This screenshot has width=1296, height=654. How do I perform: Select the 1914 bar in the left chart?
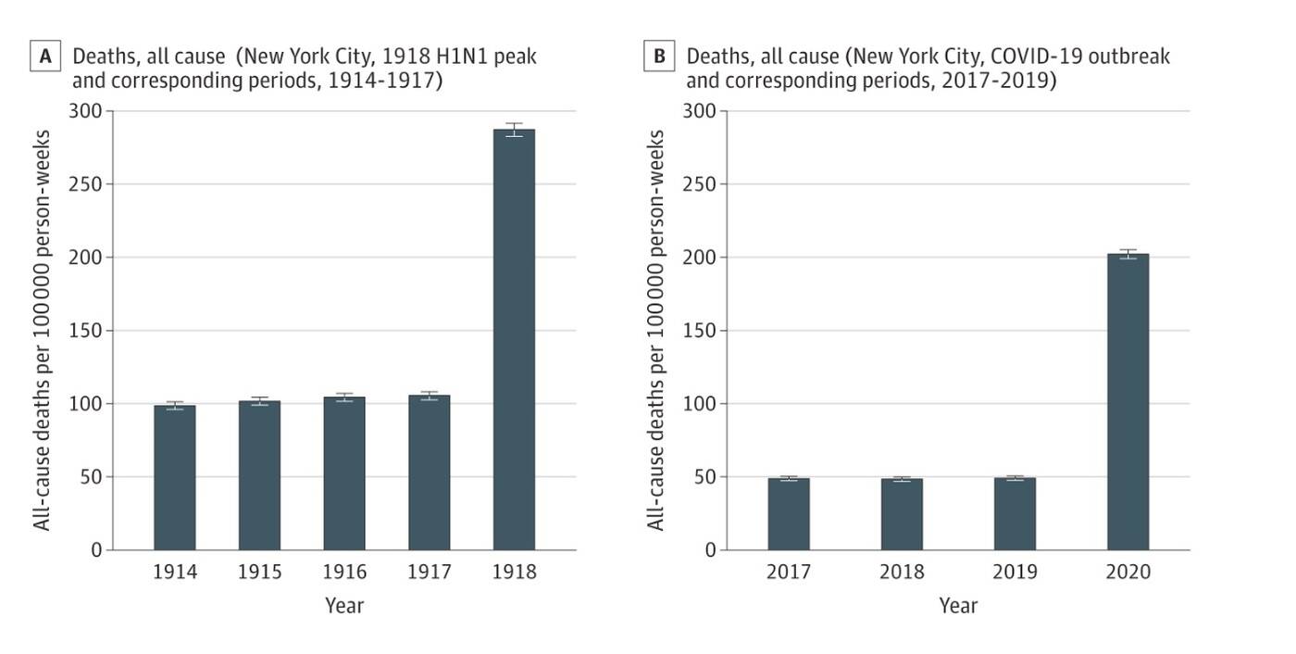(x=175, y=478)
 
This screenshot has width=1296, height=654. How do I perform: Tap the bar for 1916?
(x=344, y=473)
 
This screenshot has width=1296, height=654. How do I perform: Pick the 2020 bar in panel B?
(x=1128, y=402)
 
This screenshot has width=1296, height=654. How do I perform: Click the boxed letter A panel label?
(x=44, y=57)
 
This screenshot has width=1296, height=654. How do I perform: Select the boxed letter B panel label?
(x=658, y=57)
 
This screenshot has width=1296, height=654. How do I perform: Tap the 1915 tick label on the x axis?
(x=259, y=572)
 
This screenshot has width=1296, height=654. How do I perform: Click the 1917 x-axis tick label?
(x=430, y=572)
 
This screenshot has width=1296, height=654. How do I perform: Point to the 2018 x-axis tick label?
(x=902, y=572)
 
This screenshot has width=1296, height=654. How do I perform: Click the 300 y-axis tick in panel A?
(x=86, y=111)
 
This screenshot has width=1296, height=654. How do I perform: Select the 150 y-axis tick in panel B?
(x=700, y=331)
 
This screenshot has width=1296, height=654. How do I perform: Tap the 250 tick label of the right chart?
(x=700, y=184)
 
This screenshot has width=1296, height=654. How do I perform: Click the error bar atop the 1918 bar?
(x=514, y=130)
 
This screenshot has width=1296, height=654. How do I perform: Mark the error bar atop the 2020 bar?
(x=1128, y=254)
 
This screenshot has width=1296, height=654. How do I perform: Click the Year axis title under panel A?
(x=344, y=606)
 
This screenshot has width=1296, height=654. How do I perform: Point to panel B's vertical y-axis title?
(x=655, y=331)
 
